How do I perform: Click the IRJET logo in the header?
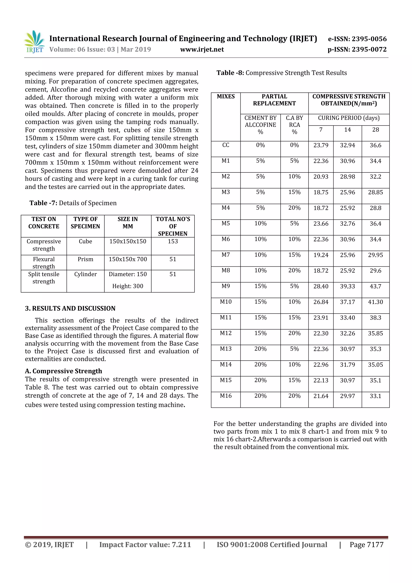pyautogui.click(x=35, y=42)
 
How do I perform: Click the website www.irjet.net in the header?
pyautogui.click(x=202, y=50)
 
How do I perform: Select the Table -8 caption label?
pyautogui.click(x=230, y=73)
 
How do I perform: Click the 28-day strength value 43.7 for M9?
pyautogui.click(x=375, y=286)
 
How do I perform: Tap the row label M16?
pyautogui.click(x=226, y=396)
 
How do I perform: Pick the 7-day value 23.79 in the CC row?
pyautogui.click(x=321, y=145)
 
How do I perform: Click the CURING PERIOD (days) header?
pyautogui.click(x=349, y=118)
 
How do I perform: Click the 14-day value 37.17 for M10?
pyautogui.click(x=347, y=302)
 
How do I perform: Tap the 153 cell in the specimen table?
pyautogui.click(x=173, y=241)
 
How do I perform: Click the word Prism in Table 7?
pyautogui.click(x=85, y=259)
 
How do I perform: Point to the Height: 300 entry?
pyautogui.click(x=128, y=286)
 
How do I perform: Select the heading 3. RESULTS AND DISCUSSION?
pyautogui.click(x=70, y=309)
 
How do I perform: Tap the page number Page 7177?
pyautogui.click(x=366, y=545)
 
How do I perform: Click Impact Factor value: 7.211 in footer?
pyautogui.click(x=145, y=545)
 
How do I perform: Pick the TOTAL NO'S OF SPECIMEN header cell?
pyautogui.click(x=173, y=226)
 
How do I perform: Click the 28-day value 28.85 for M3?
pyautogui.click(x=375, y=192)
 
